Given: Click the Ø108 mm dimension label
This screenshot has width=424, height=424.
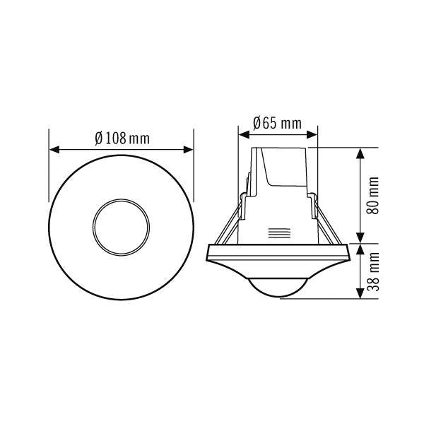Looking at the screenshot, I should pos(122,138).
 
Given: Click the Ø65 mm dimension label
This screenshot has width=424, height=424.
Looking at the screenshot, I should pos(277,123).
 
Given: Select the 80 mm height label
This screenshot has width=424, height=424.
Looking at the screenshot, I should pos(375,196).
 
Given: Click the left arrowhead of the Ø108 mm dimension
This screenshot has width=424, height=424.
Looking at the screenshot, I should pos(53,150).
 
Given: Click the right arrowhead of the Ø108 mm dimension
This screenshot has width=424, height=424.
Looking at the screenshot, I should pos(189,150).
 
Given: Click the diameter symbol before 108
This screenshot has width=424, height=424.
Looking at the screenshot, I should pos(100,138).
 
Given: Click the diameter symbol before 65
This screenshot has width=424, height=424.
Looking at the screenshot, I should pos(257,123).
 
